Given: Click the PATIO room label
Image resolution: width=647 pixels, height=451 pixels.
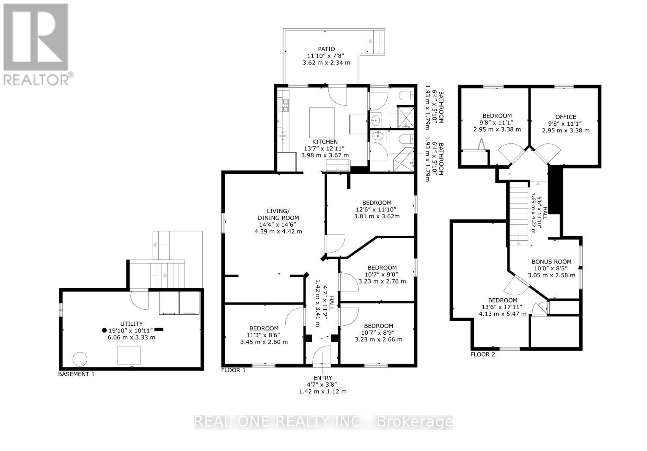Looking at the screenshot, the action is point(326,49).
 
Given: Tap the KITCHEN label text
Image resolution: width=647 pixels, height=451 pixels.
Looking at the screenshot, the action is point(325,142).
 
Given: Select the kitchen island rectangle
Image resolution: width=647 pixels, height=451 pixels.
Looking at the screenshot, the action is point(322,123).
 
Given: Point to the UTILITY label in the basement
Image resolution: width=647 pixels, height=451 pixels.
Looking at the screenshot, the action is point(132,324).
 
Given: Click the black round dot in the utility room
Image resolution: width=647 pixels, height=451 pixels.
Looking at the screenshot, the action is point(104,330).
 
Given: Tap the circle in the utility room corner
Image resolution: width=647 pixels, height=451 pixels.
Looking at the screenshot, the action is point(80,359).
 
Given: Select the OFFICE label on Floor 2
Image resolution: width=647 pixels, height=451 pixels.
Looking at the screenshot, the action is point(566,117).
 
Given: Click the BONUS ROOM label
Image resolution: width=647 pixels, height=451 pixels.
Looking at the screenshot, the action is point(551,262).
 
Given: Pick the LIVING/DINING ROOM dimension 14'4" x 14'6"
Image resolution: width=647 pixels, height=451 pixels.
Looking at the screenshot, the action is point(278,225).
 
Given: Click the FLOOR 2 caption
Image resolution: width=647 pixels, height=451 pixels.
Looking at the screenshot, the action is point(483,355).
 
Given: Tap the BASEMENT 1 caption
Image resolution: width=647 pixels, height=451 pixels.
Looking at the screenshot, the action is point(76,374).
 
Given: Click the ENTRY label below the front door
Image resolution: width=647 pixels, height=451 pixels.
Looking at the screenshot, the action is point(322,378).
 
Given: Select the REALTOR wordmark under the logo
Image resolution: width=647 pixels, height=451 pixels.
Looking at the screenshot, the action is point(36,80).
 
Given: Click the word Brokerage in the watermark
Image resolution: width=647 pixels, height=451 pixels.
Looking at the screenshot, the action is point(415,422).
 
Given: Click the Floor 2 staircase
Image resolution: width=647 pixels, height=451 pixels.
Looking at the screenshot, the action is point(520,214).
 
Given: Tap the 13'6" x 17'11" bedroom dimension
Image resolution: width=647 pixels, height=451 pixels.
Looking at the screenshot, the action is point(503,307).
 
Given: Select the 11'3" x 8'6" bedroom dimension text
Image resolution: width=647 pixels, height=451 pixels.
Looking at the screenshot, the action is point(264,335).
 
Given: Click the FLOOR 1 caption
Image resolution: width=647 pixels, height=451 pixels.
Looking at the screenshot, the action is point(233,370).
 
